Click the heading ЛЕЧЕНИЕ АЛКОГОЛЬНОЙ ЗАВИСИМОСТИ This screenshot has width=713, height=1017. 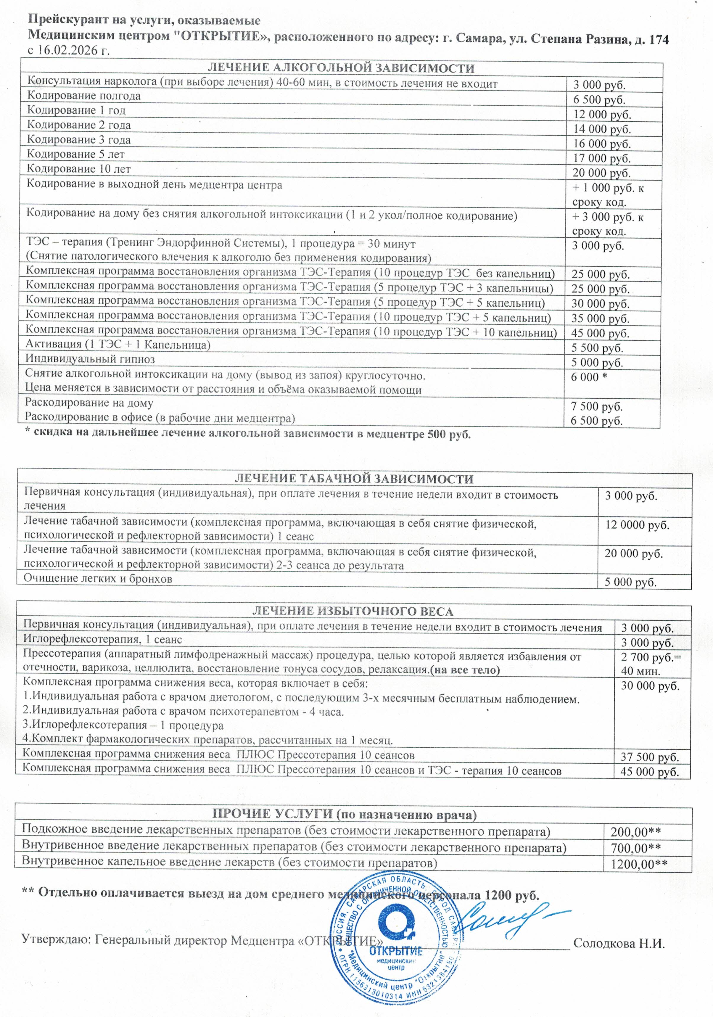(341, 68)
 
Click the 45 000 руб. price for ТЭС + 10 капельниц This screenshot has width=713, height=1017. (600, 333)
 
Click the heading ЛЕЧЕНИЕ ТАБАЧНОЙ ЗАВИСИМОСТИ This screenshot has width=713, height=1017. (353, 479)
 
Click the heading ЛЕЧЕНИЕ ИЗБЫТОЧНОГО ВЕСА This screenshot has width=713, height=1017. (353, 612)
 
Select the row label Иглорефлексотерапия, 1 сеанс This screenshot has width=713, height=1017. (102, 639)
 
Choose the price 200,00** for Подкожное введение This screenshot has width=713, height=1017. (635, 832)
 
